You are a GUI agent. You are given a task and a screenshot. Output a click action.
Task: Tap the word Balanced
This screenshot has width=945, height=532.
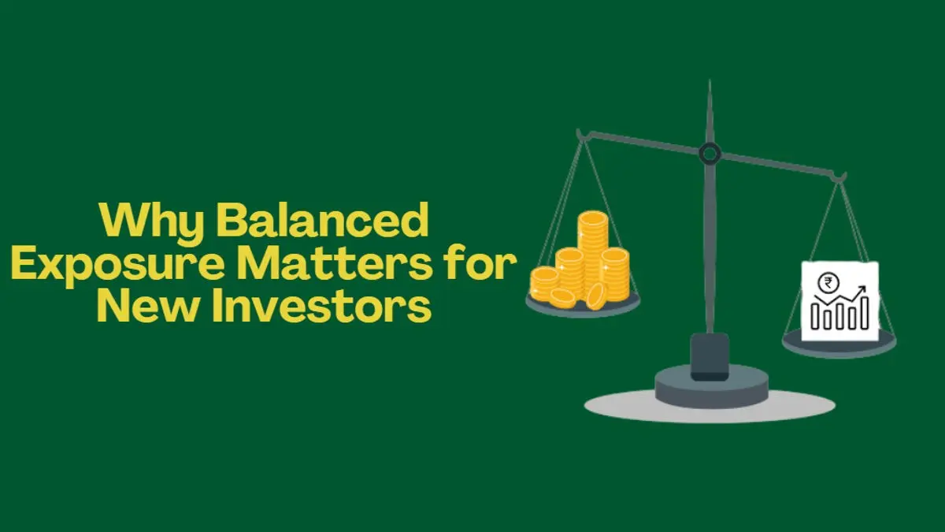323,223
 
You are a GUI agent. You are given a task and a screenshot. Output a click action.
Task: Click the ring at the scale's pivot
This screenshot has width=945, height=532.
710,153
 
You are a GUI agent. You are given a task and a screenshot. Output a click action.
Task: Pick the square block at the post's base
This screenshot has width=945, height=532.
709,355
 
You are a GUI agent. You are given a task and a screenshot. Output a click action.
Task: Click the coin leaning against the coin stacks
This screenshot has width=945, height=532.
596,296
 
